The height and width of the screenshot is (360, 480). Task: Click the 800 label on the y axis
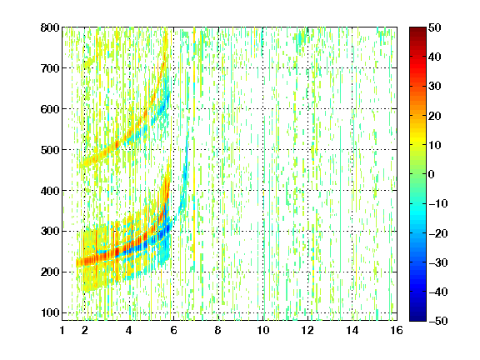50,27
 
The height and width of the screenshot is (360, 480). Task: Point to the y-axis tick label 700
50,68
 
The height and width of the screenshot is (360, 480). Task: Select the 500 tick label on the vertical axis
50,150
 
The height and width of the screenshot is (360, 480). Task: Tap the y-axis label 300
50,232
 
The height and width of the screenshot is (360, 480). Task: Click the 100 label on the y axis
50,312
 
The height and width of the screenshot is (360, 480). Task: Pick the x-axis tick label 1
62,330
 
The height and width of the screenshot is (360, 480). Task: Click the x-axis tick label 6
174,330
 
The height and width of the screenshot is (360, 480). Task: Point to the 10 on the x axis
263,330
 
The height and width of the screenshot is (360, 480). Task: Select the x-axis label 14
352,330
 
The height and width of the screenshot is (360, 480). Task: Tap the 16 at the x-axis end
397,330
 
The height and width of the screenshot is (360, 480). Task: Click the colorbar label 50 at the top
434,27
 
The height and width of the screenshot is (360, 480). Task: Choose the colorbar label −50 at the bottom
438,321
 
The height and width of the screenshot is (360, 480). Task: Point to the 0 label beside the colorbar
432,174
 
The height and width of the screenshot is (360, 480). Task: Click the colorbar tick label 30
434,87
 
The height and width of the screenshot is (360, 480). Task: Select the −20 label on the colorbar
438,233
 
